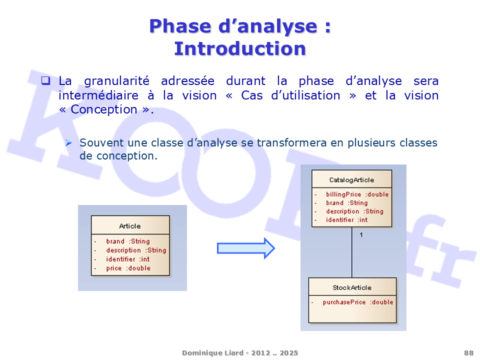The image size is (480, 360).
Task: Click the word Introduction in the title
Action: tap(240, 48)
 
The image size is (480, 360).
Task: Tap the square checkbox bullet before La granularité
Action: tap(46, 80)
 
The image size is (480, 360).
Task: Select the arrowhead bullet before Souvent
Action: tap(68, 142)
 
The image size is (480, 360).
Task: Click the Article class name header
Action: tap(130, 226)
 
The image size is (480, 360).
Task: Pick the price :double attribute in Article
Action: tap(128, 268)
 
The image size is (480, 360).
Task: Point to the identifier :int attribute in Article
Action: tap(128, 259)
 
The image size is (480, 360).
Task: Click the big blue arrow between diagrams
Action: tap(246, 248)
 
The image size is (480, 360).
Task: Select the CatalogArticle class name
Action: tap(351, 180)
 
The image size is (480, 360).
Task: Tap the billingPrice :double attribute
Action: tap(357, 194)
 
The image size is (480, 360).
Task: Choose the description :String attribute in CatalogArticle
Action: tap(354, 211)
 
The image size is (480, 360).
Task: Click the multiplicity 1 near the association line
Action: tap(361, 235)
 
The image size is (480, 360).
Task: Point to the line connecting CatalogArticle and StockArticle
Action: tap(351, 252)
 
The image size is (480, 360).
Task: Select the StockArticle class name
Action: tap(352, 288)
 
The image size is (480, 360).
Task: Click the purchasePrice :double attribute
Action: tap(358, 302)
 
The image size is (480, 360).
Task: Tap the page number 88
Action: tap(468, 353)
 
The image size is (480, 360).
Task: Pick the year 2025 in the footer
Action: tap(288, 353)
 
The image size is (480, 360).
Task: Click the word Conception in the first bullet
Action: tap(104, 109)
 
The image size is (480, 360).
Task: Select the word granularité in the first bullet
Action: tap(117, 81)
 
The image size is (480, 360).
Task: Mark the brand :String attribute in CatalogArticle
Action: tap(347, 202)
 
